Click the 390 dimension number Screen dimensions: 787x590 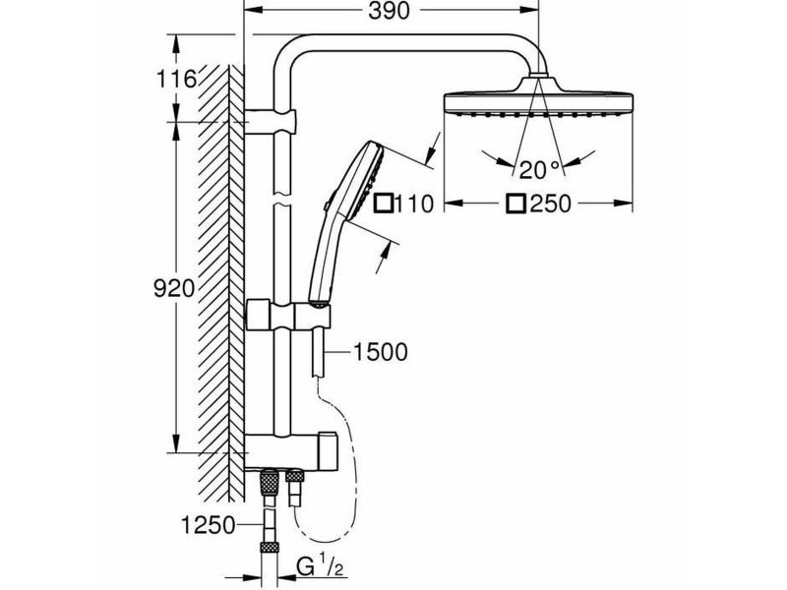[x=389, y=11]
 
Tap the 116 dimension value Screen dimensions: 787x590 [x=176, y=80]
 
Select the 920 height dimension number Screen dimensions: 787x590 [x=174, y=289]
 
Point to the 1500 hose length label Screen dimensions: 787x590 [x=381, y=352]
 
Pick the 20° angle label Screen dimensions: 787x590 [x=539, y=170]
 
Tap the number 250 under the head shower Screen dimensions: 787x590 [x=551, y=204]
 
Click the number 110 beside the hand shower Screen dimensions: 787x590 [x=414, y=205]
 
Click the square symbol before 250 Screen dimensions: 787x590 [x=516, y=204]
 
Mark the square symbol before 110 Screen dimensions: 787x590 [x=385, y=204]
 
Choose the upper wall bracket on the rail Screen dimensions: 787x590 [x=272, y=121]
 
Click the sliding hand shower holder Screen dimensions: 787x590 [x=288, y=315]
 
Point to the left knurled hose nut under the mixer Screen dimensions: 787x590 [x=270, y=483]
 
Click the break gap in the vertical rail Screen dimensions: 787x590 [x=282, y=199]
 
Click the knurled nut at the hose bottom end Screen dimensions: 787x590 [x=269, y=548]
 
